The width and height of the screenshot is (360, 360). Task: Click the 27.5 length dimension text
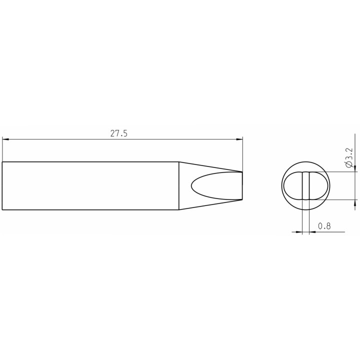pyautogui.click(x=118, y=133)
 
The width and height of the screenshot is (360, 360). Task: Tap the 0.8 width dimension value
pyautogui.click(x=324, y=226)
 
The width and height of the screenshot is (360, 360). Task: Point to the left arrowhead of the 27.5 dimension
pyautogui.click(x=5, y=139)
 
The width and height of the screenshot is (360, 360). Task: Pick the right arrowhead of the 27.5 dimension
pyautogui.click(x=239, y=139)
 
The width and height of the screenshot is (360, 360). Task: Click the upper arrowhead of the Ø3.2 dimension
pyautogui.click(x=355, y=168)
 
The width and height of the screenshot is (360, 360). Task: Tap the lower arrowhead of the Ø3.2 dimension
pyautogui.click(x=355, y=203)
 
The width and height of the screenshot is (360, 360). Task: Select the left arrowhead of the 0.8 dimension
pyautogui.click(x=299, y=232)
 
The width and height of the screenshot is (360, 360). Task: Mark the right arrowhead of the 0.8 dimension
pyautogui.click(x=312, y=232)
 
